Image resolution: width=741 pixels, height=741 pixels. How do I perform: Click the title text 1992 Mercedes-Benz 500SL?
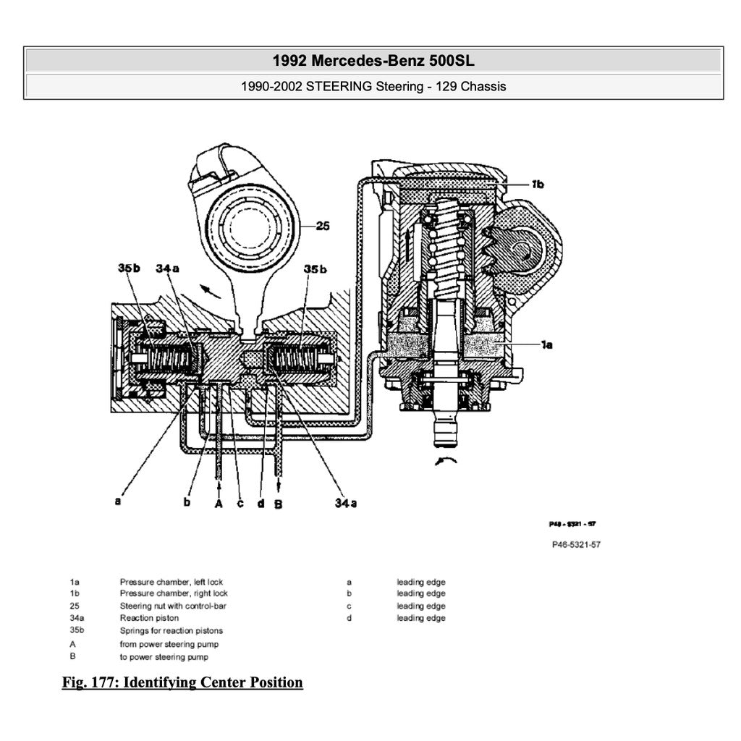[373, 59]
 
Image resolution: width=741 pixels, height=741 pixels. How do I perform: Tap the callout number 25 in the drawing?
[322, 226]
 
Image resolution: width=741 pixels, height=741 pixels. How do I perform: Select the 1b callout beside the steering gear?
[538, 184]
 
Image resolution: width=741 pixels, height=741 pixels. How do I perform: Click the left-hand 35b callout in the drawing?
[129, 268]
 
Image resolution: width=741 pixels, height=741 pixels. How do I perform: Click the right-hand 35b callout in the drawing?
[315, 268]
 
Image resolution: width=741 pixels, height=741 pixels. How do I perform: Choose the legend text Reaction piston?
[149, 618]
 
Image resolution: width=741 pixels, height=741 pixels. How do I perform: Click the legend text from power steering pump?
[169, 644]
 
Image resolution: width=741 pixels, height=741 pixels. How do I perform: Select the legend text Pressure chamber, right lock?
[174, 593]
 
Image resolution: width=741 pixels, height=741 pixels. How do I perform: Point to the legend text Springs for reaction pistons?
[172, 630]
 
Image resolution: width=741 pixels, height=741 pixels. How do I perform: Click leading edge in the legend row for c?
[420, 606]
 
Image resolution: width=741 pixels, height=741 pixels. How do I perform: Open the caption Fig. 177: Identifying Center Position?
[182, 682]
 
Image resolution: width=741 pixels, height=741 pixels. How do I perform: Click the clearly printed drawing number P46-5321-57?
[576, 545]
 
